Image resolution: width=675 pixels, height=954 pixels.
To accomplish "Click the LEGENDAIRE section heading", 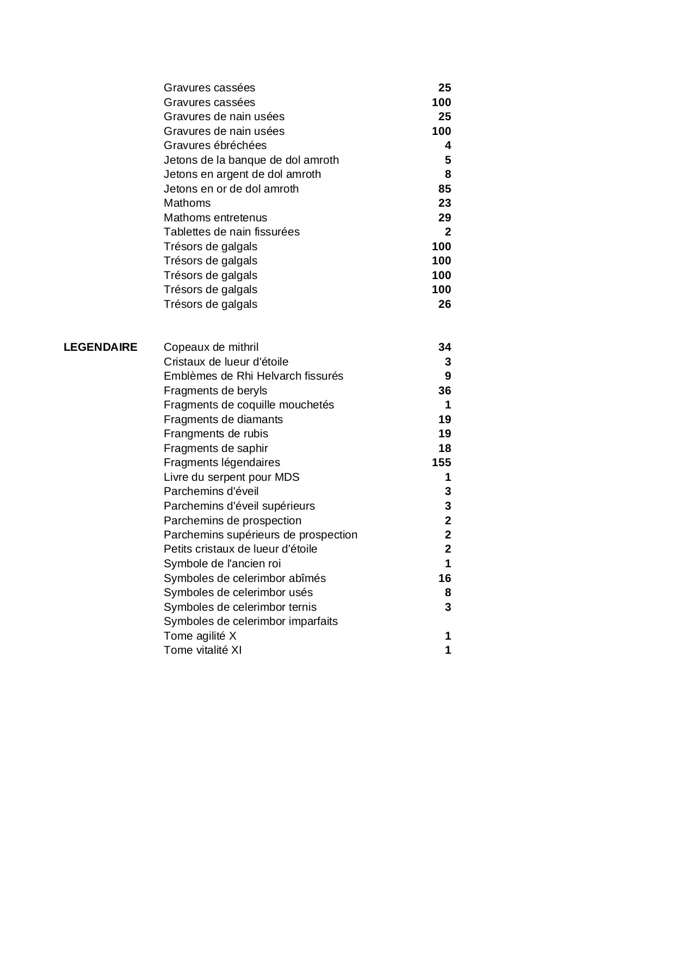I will coord(100,347).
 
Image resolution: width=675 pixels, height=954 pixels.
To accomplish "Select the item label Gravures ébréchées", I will coord(215,145).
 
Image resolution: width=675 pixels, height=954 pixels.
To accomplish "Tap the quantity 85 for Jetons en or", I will coord(444,189).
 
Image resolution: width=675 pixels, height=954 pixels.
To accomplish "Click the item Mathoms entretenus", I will coord(215,218).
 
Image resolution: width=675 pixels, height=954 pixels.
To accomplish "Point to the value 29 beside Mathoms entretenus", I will coord(444,218).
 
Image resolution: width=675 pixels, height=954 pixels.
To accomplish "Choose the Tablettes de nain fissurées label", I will coord(231,232).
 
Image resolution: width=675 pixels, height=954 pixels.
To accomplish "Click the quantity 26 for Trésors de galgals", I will coord(444,304).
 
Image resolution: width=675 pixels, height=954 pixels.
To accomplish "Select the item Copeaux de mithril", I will coord(211,347).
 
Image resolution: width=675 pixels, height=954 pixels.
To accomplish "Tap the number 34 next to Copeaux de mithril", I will coord(444,347).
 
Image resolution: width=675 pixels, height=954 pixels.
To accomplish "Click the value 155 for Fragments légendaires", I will coord(441,462).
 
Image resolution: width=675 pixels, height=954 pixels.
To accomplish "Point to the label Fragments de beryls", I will coord(215,391).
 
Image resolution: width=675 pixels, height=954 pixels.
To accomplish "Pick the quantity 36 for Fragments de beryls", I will coord(444,391).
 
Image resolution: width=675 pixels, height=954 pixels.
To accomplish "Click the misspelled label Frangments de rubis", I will coord(216,433).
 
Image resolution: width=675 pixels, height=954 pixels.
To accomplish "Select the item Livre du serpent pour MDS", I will coord(231,477).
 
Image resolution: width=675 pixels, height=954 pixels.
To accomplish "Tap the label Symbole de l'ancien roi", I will coord(222,563).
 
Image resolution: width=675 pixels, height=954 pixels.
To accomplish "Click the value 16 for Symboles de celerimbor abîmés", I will coord(444,578).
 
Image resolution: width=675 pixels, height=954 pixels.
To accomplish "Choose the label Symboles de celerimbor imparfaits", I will coord(250,621).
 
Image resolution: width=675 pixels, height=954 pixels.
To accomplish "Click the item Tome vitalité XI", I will coord(202,650).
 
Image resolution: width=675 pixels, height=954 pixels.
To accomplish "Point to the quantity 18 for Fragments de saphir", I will coord(444,448).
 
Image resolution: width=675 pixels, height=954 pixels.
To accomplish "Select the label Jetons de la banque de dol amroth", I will coord(251,160).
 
